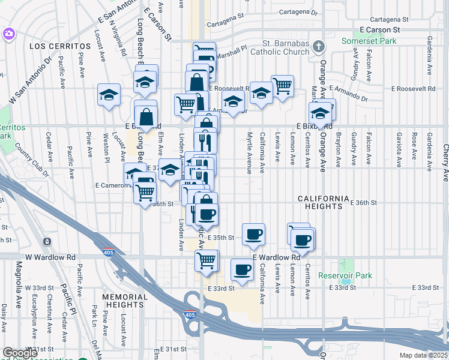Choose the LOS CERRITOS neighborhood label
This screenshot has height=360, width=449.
pyautogui.click(x=55, y=46)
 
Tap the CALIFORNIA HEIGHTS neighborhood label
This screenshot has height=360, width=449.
pyautogui.click(x=324, y=202)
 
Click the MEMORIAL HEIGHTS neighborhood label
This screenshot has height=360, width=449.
pyautogui.click(x=124, y=301)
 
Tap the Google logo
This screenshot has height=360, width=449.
pyautogui.click(x=20, y=353)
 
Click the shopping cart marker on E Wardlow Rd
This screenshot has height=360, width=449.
pyautogui.click(x=206, y=261)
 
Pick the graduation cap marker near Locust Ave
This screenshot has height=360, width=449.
pyautogui.click(x=109, y=95)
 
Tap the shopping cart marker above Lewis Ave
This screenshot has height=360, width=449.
pyautogui.click(x=282, y=86)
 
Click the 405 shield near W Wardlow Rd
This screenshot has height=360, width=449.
pyautogui.click(x=109, y=252)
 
